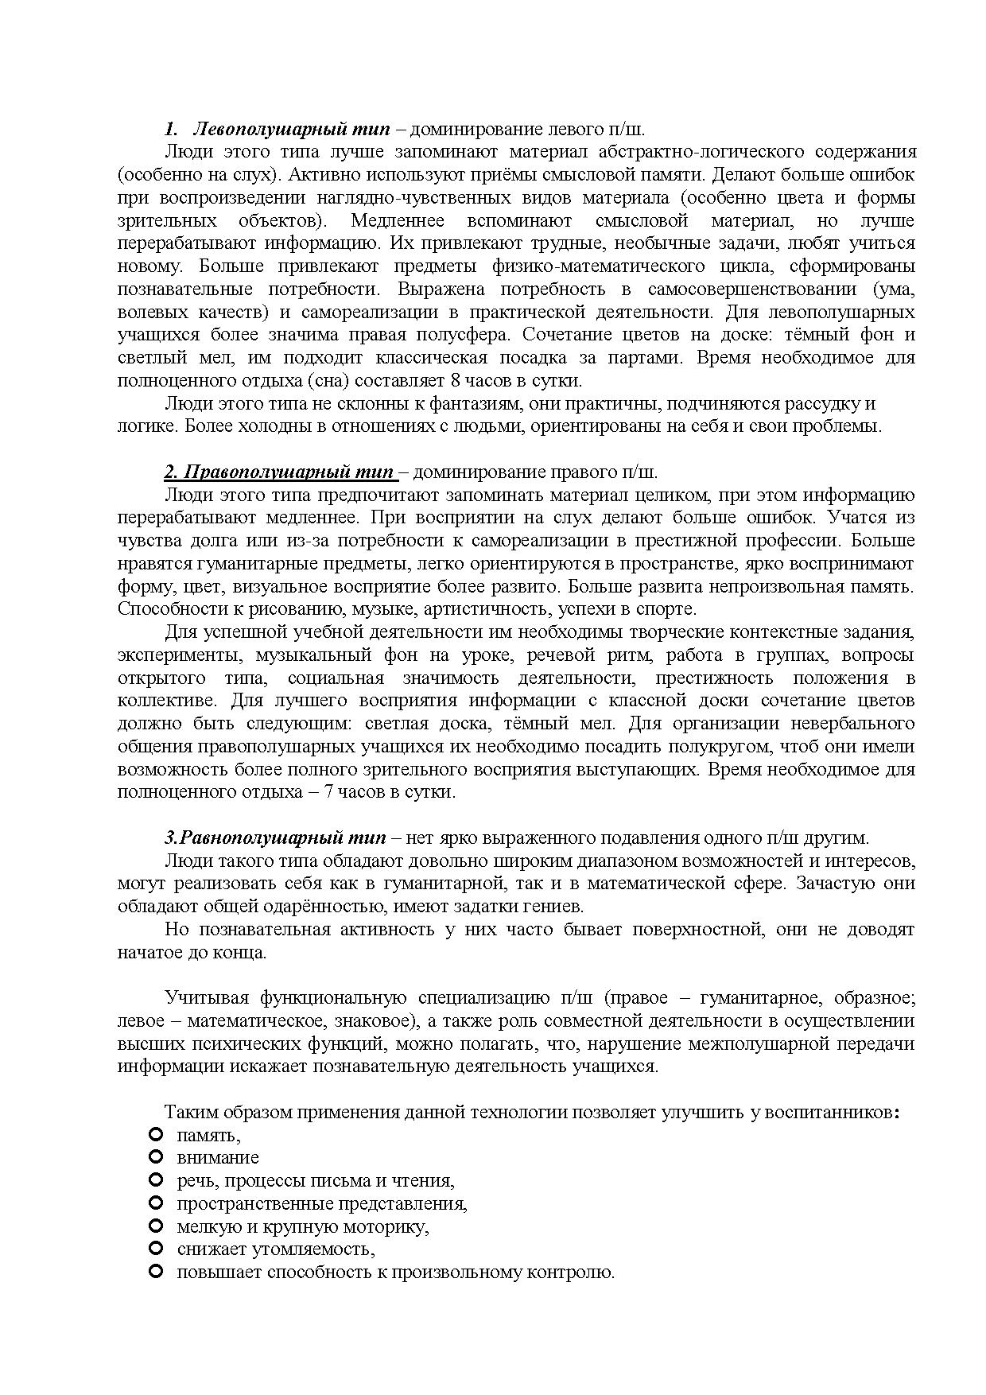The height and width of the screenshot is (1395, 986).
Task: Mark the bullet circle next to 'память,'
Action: point(156,1134)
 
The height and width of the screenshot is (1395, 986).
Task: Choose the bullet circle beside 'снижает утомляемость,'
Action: point(156,1249)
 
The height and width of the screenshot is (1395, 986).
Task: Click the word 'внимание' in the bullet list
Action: point(218,1158)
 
